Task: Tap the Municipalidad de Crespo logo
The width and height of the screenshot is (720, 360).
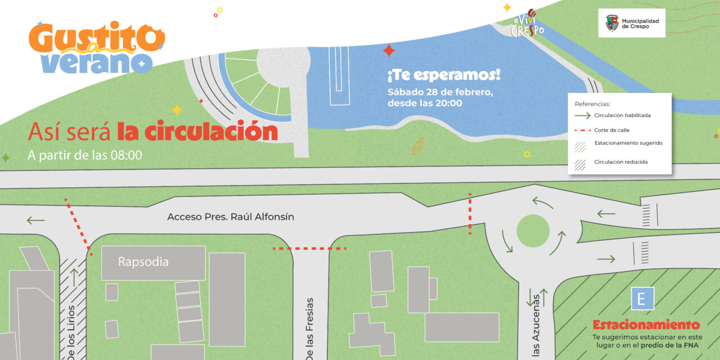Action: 632,23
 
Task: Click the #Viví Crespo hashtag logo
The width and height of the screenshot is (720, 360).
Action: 527,24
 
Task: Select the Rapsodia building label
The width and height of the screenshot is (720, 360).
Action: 143,262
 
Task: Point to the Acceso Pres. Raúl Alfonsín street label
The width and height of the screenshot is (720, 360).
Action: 231,217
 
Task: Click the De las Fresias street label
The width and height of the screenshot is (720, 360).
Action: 310,329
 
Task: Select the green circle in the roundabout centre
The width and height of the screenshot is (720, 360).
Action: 533,231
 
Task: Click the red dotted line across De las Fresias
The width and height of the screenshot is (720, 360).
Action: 309,248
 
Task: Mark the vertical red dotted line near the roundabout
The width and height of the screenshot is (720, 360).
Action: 470,213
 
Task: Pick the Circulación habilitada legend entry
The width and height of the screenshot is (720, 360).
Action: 622,115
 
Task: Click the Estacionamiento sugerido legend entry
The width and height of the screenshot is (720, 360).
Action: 628,143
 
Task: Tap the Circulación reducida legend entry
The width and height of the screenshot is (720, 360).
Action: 620,162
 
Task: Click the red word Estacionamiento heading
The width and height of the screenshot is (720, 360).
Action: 646,325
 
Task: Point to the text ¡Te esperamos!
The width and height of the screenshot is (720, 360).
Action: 443,75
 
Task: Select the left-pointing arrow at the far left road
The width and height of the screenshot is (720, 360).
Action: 35,220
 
